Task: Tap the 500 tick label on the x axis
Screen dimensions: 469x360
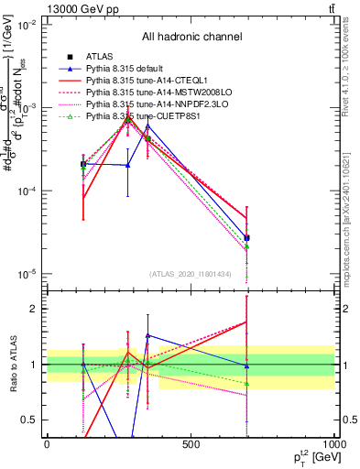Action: (191, 444)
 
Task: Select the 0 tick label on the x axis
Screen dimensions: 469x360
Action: (47, 444)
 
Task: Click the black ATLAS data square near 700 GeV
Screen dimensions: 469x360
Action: (247, 237)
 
